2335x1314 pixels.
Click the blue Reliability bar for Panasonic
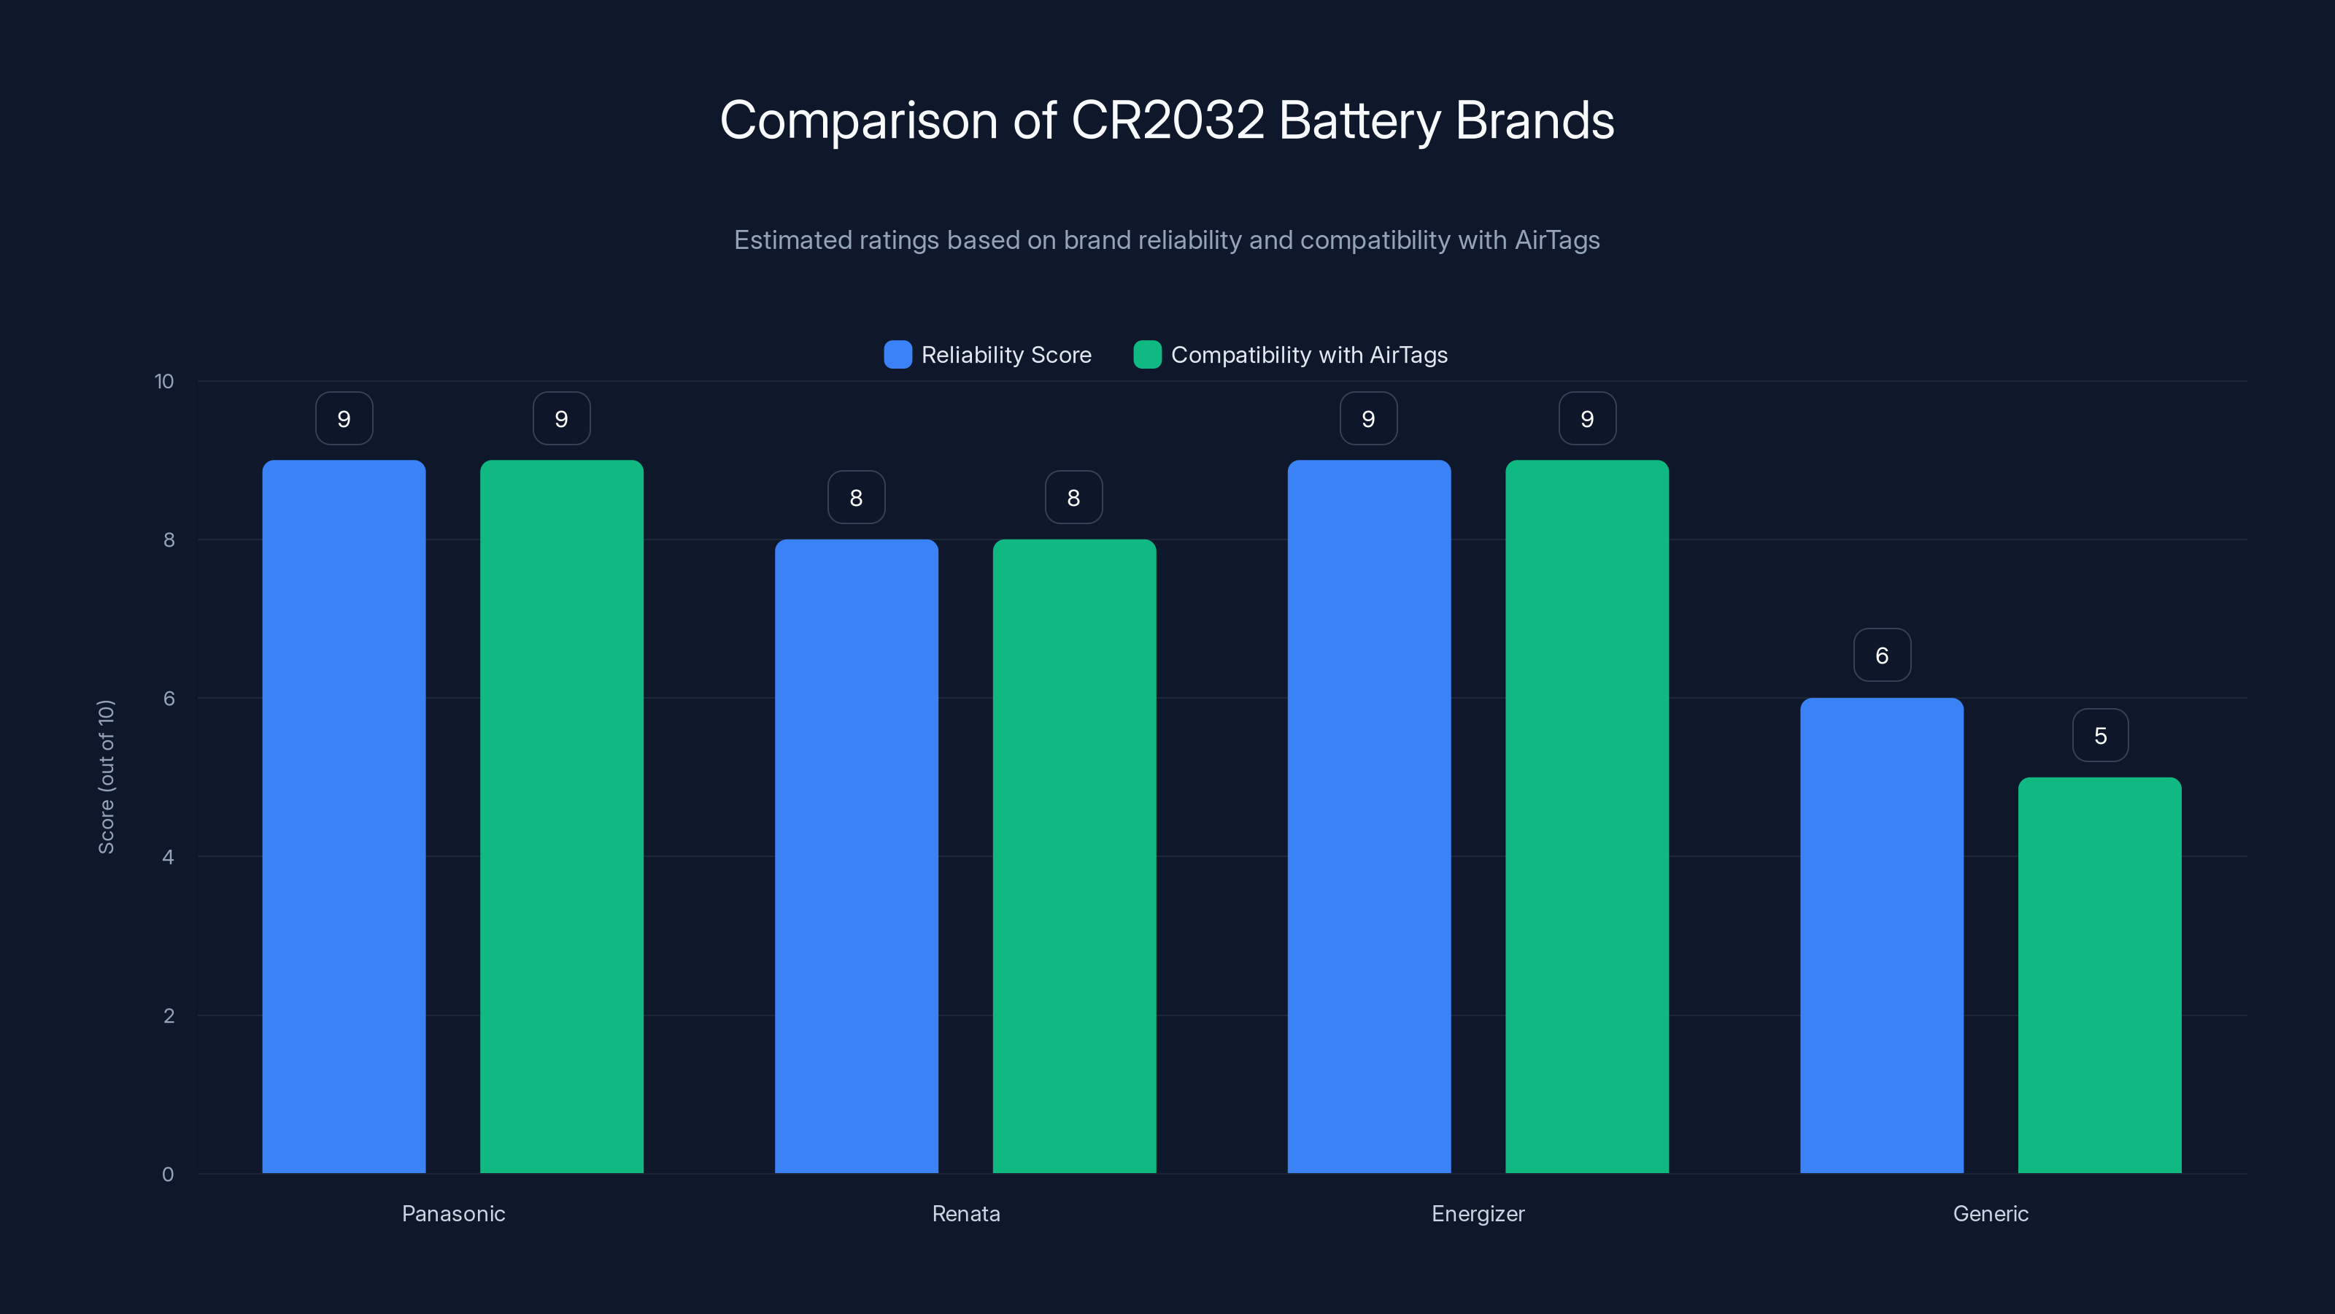click(344, 816)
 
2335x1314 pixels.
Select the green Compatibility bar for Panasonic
click(561, 816)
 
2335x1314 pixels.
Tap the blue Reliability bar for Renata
click(856, 856)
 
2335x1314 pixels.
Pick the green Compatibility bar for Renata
click(1074, 856)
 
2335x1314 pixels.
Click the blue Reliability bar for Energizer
click(1369, 816)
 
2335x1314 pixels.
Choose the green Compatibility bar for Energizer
click(1586, 816)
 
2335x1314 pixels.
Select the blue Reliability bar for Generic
click(1882, 935)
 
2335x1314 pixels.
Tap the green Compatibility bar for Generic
click(2099, 975)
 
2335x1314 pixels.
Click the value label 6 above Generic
click(1882, 655)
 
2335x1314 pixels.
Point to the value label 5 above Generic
click(2100, 734)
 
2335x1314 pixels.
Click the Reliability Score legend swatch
click(898, 355)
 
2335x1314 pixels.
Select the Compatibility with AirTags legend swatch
click(1146, 355)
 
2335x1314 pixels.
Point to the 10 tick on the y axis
click(164, 381)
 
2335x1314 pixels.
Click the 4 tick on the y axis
click(168, 857)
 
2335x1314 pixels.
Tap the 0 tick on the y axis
click(168, 1175)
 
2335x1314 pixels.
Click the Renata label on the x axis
click(965, 1213)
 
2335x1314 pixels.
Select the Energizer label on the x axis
click(1478, 1213)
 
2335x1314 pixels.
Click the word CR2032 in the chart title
click(1167, 120)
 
